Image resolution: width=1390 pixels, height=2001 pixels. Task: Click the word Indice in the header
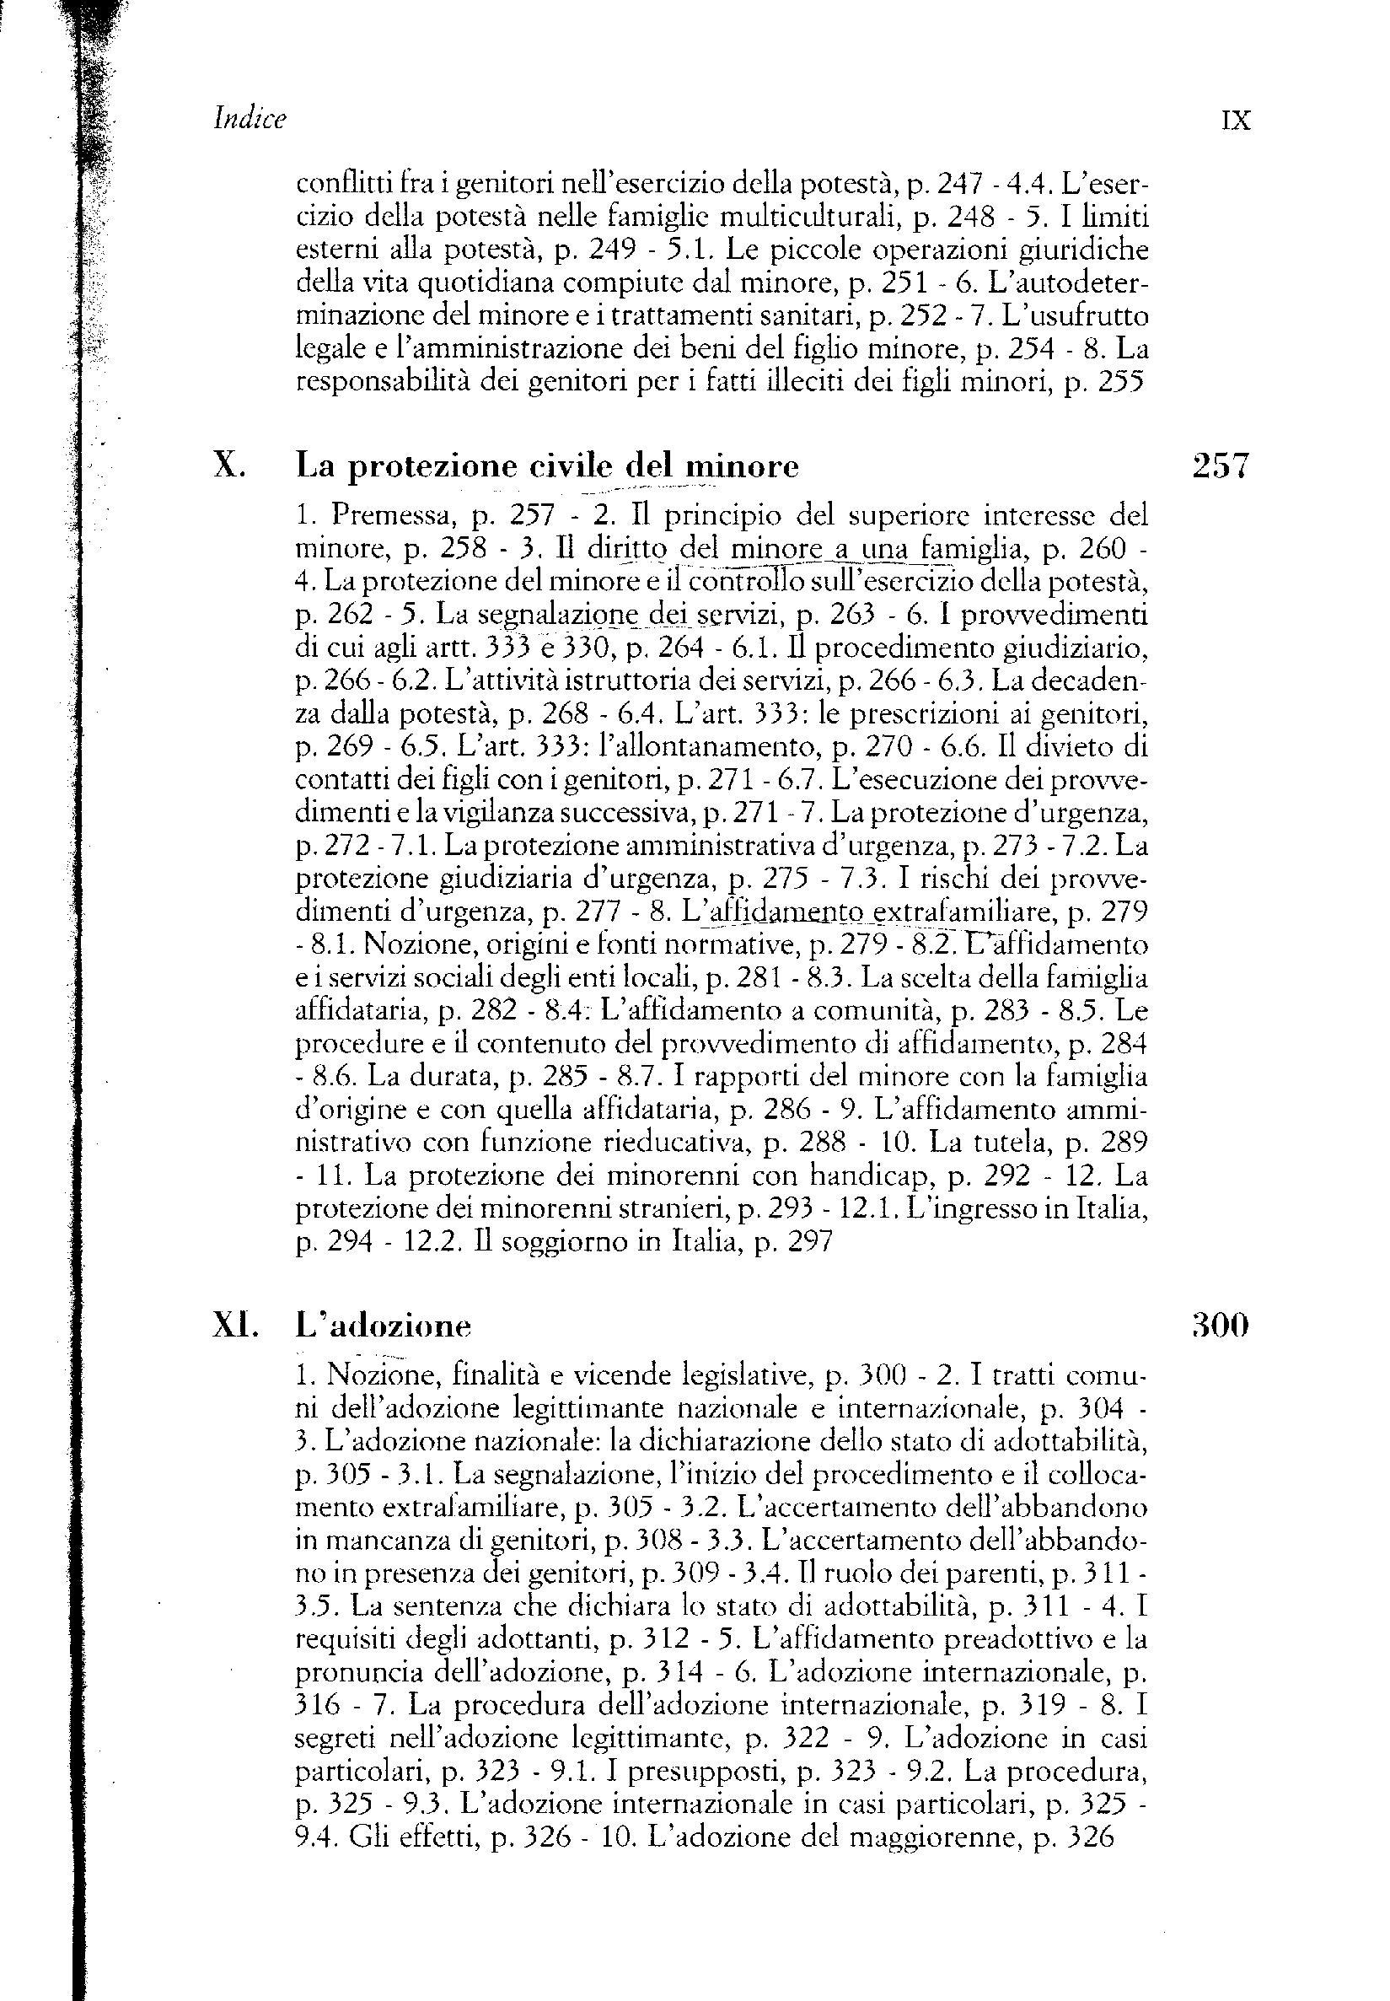pyautogui.click(x=250, y=120)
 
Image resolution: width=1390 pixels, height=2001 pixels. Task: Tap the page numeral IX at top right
pyautogui.click(x=1236, y=121)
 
